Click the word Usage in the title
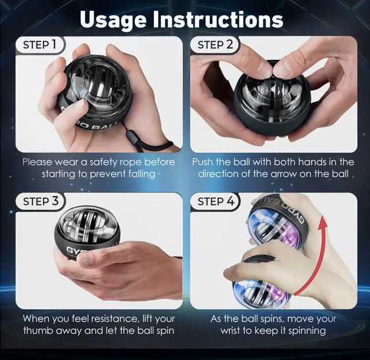(x=114, y=20)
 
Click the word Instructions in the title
(x=219, y=19)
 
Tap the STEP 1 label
(x=40, y=44)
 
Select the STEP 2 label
(x=215, y=44)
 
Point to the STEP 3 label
(x=40, y=201)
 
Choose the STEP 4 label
(x=216, y=201)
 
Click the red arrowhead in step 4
(x=323, y=223)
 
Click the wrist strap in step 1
(x=151, y=144)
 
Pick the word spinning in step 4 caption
(x=307, y=331)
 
